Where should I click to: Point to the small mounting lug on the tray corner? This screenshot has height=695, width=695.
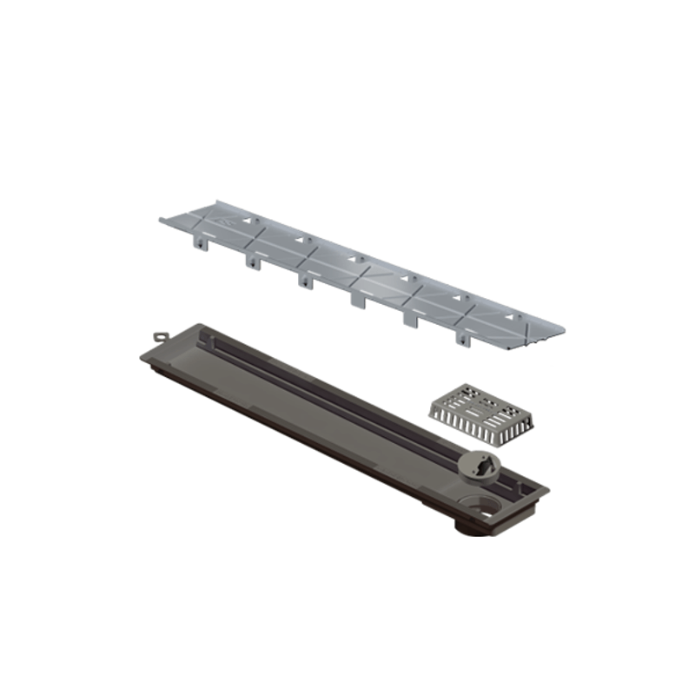tap(160, 335)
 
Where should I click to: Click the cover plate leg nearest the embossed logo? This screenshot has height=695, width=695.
tap(202, 245)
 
